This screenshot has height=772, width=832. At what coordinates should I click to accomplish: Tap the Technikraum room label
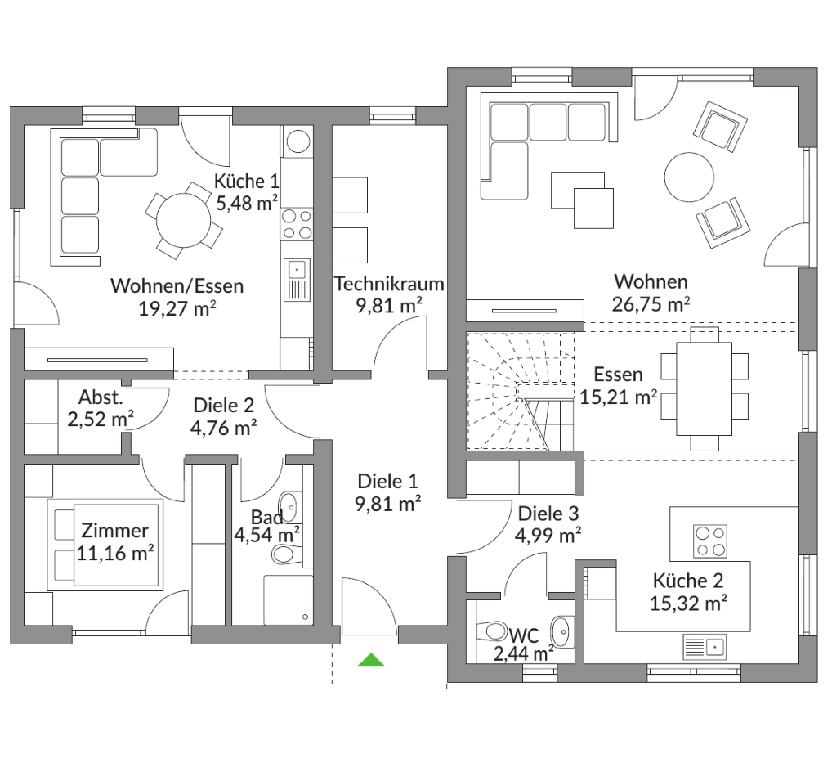click(389, 284)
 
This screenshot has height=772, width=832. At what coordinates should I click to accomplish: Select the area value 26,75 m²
click(651, 304)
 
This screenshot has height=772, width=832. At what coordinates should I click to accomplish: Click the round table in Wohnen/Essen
click(184, 220)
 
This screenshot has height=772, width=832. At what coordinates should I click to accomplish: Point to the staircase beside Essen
click(521, 391)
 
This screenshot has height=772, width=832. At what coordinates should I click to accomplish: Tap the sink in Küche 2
click(705, 647)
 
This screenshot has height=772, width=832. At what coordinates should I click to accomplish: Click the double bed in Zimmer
click(105, 544)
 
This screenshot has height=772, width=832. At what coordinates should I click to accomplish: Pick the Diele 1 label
click(387, 482)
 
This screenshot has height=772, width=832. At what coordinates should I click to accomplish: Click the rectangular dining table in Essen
click(705, 388)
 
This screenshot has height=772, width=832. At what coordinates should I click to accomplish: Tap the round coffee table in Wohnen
click(689, 177)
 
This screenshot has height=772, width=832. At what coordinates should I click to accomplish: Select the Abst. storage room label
click(101, 397)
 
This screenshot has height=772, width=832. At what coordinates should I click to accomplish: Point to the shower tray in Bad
click(289, 600)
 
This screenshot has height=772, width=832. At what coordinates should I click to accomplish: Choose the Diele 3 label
click(548, 514)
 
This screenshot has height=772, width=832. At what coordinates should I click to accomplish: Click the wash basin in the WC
click(561, 632)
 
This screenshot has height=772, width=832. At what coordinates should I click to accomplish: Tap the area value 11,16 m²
click(115, 554)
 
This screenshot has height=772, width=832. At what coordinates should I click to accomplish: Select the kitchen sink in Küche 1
click(297, 280)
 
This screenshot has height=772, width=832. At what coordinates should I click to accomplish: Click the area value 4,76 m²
click(223, 428)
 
